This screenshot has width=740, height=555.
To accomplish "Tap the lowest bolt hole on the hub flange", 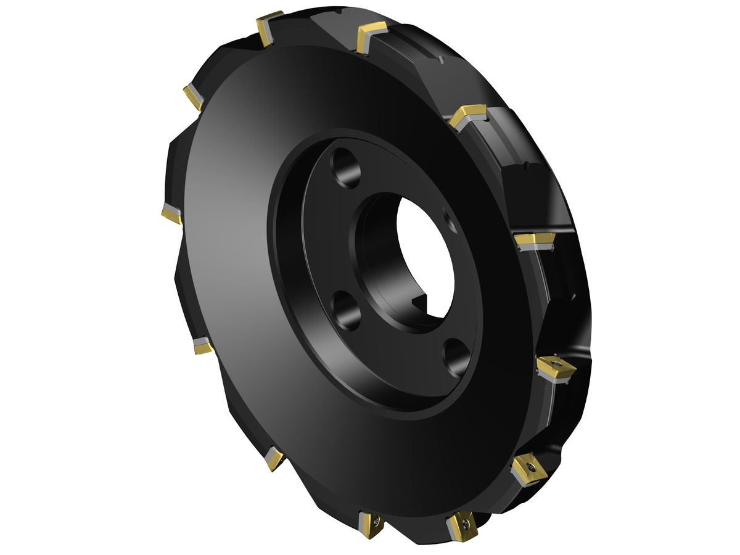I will click(x=458, y=358).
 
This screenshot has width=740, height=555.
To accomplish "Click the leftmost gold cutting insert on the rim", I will click(x=171, y=213).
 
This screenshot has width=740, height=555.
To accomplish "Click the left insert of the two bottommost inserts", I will click(x=372, y=525).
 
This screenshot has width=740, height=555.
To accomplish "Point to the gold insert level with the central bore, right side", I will click(x=533, y=240).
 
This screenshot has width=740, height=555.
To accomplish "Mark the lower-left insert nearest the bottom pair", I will click(x=274, y=458).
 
